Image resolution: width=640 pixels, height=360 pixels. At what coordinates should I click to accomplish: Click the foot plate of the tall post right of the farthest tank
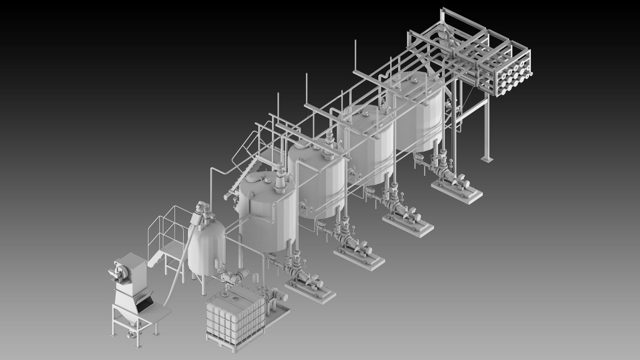(x=486, y=159)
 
